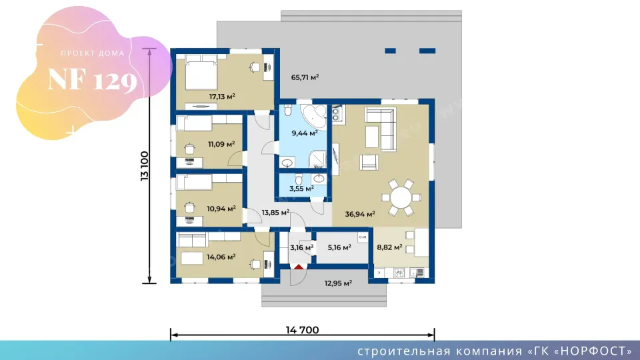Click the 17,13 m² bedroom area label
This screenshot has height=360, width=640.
tap(222, 97)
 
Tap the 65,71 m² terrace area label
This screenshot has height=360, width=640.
tap(305, 77)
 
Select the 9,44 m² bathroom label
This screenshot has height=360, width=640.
tap(305, 133)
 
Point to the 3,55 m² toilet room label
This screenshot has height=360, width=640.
tap(301, 189)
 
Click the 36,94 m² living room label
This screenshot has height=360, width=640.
tap(360, 213)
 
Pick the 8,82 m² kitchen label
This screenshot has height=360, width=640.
tap(389, 247)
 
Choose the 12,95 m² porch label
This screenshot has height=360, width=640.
tap(339, 283)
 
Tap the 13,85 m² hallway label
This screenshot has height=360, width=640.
tap(275, 212)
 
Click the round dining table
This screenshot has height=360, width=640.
tap(401, 197)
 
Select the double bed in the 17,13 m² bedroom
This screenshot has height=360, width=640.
tap(201, 72)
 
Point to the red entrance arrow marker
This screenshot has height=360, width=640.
tap(299, 267)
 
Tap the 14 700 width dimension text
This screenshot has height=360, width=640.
tap(303, 330)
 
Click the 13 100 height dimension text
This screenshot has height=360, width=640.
tap(145, 166)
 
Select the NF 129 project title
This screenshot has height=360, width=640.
tap(92, 80)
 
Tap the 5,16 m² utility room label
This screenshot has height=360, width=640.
tap(339, 247)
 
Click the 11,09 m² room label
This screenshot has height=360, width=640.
tap(221, 144)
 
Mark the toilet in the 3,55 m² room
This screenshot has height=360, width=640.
tap(299, 179)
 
